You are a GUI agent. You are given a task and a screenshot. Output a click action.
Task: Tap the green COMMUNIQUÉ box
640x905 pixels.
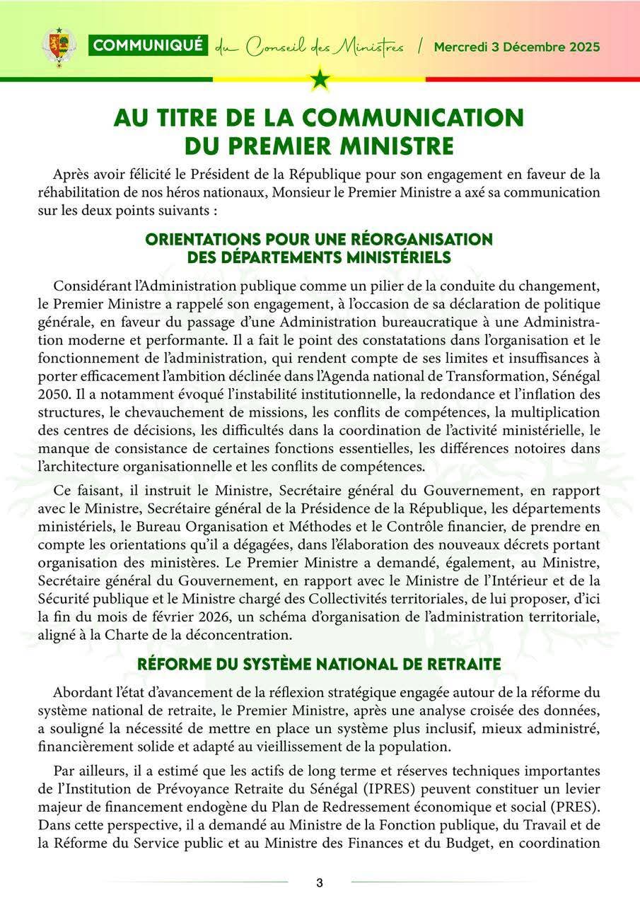tap(148, 47)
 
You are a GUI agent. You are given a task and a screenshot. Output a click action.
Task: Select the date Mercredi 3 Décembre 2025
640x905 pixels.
tap(517, 47)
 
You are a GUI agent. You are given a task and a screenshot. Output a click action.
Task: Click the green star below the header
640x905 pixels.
tap(320, 78)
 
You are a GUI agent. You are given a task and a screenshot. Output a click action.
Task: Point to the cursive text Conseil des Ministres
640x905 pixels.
tap(325, 47)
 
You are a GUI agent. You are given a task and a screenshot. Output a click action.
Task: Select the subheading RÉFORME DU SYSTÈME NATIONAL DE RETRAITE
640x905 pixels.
tap(319, 665)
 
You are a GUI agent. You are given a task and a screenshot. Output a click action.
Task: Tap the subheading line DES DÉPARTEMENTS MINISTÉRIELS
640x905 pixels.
tap(319, 258)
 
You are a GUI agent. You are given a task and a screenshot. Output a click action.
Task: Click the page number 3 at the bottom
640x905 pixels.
tap(320, 882)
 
